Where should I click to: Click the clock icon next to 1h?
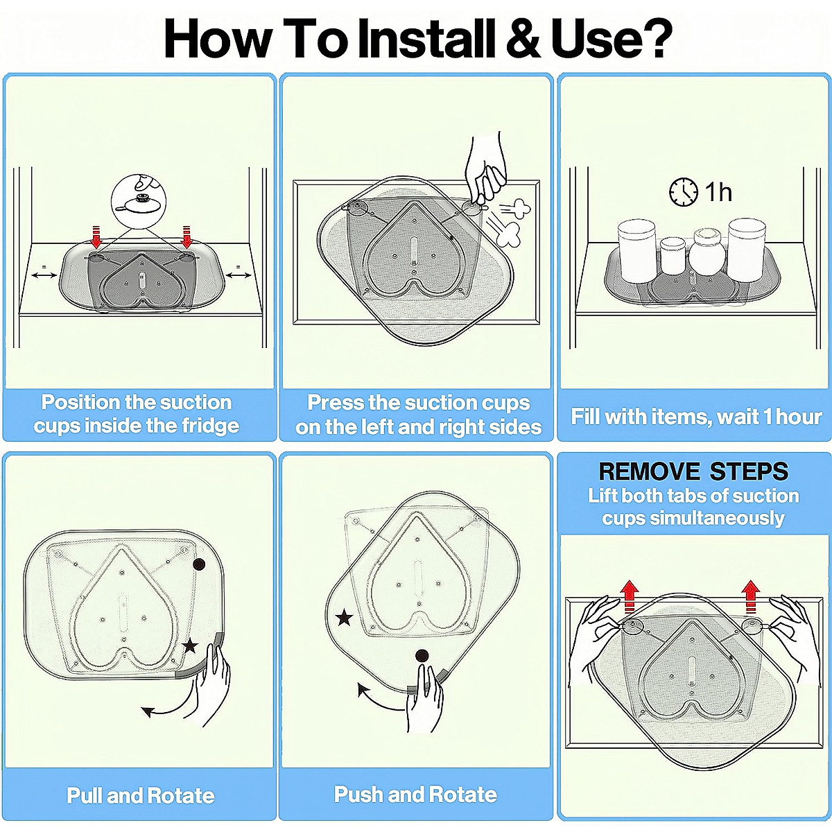point(684,192)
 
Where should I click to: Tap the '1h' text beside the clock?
point(719,193)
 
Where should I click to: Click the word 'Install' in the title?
point(427,39)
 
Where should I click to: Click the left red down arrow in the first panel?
point(96,236)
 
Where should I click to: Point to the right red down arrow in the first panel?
point(187,236)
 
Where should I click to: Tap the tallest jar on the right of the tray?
point(745,249)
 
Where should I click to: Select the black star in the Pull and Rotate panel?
point(190,646)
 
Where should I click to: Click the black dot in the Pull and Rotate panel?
point(199,565)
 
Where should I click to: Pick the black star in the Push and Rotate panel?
point(344,618)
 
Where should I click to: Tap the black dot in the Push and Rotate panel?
point(422,657)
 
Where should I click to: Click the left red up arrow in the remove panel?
point(630,596)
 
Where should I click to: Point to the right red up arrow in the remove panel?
point(751,596)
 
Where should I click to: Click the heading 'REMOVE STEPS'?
point(693,471)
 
